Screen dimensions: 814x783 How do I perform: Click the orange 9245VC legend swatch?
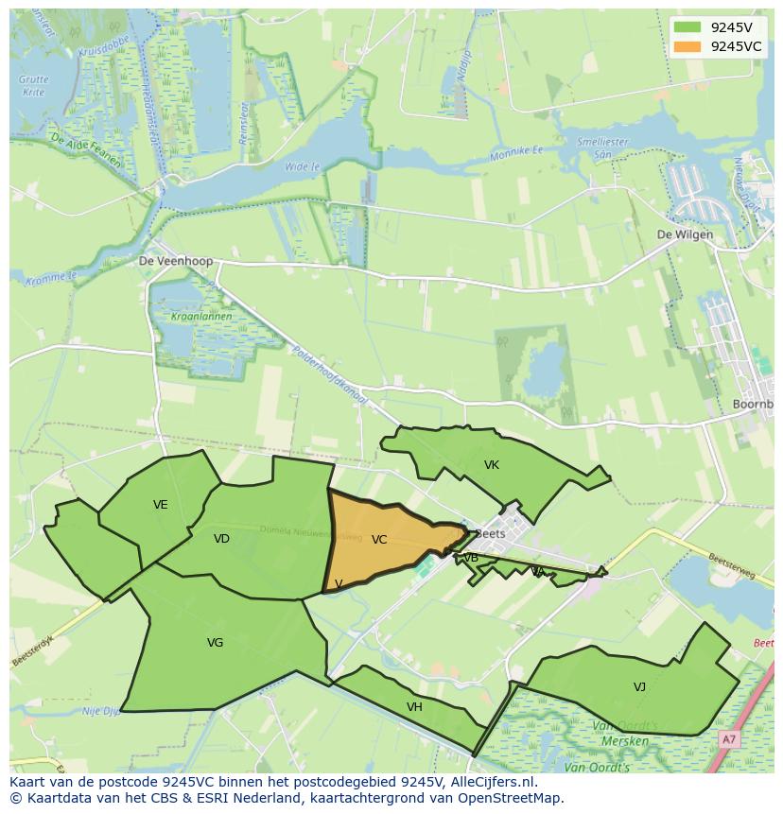[687, 46]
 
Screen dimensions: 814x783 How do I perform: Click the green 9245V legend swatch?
[687, 27]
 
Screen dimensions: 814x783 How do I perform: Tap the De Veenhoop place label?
[176, 261]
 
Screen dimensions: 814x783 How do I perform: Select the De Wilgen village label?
[686, 234]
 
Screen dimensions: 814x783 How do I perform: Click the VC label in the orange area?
[379, 540]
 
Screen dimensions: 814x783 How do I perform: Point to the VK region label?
[492, 465]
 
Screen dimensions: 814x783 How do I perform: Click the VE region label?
[161, 505]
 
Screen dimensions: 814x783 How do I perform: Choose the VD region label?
[221, 539]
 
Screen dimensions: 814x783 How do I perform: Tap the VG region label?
[215, 643]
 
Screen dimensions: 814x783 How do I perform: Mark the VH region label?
[414, 707]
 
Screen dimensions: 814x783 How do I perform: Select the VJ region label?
[640, 687]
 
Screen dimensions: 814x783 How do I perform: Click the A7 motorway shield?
[728, 739]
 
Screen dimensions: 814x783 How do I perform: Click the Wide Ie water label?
[302, 166]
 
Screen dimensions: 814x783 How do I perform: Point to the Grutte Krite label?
[33, 86]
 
